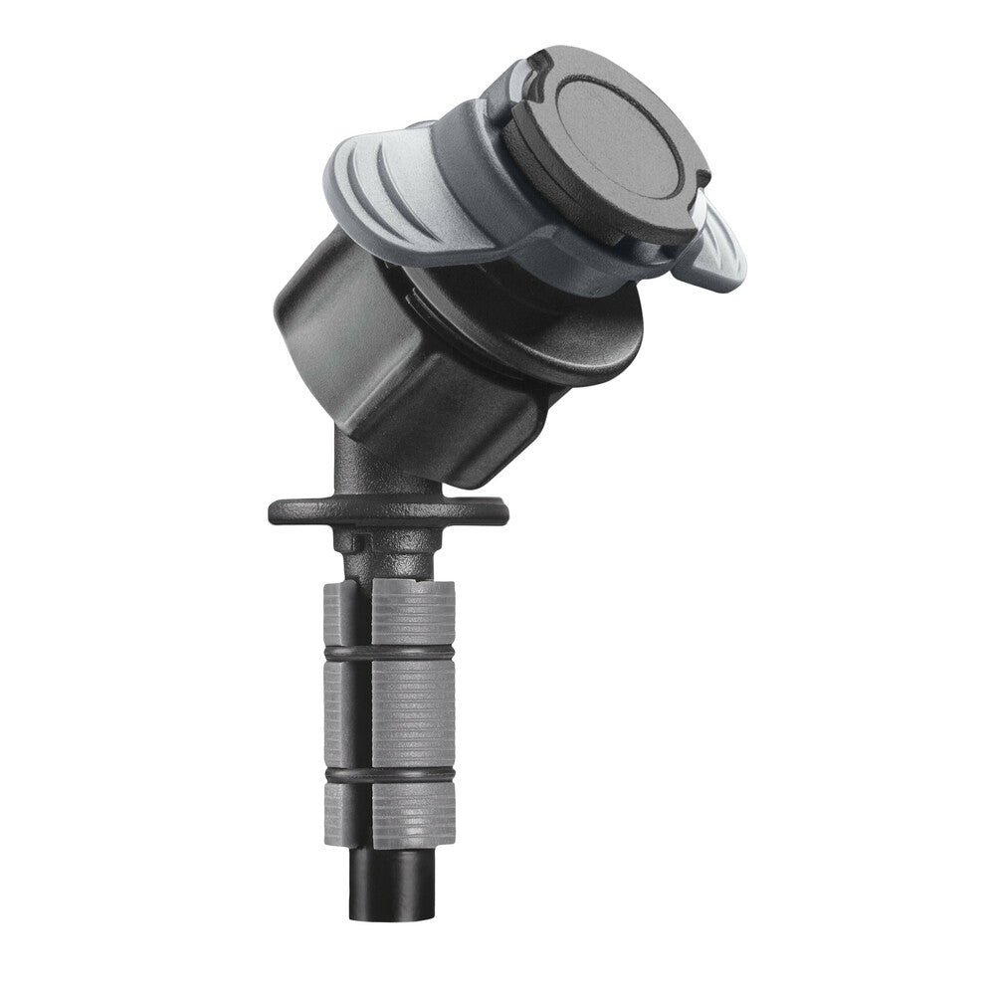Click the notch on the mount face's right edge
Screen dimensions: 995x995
coord(703,179)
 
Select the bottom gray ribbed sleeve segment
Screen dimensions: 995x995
coord(413,811)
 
